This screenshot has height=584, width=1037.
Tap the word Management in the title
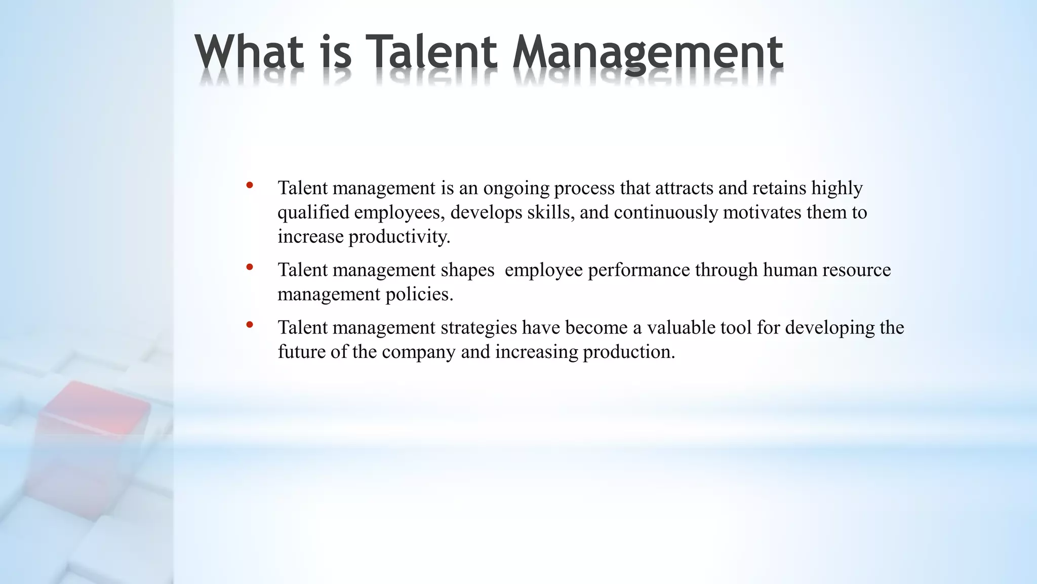point(648,53)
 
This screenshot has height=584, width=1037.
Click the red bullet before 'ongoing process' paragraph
point(249,186)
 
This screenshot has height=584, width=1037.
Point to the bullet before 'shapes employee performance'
point(249,267)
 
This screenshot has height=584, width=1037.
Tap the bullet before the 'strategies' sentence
point(249,325)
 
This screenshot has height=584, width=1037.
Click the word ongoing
point(516,189)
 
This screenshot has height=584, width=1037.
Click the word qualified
point(313,212)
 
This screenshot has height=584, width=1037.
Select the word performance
point(639,270)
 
